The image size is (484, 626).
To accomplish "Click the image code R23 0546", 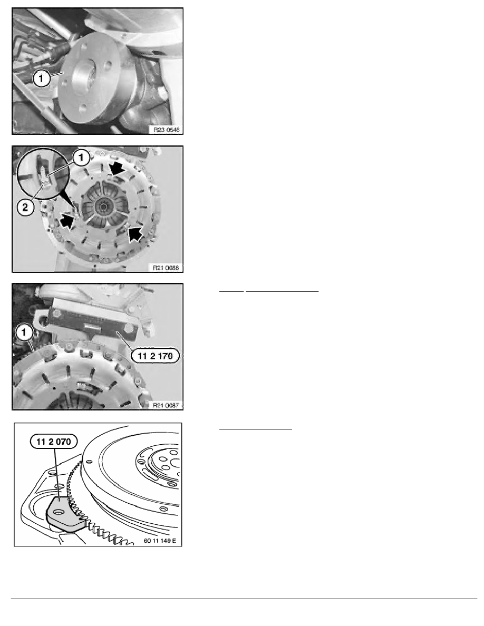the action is (x=167, y=130).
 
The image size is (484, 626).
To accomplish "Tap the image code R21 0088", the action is (x=166, y=268).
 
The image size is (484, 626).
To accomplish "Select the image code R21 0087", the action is (x=166, y=405).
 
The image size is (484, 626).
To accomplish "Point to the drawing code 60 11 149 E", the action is (x=160, y=541).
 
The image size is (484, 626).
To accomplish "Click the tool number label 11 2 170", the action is (x=156, y=356).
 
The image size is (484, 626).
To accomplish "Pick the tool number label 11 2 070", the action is (x=53, y=442).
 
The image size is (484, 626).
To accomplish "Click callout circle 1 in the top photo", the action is (x=41, y=78).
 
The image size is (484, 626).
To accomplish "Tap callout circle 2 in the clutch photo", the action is (x=25, y=208).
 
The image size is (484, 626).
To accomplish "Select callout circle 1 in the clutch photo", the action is (x=81, y=158).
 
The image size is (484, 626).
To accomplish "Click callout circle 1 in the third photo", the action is (x=24, y=332).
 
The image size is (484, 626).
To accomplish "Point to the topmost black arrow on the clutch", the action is (x=118, y=170).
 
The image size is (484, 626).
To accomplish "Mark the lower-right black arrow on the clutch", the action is (x=135, y=233).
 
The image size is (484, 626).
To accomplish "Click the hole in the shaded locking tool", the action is (x=59, y=512).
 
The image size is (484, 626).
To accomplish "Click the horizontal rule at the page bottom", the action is (x=244, y=599).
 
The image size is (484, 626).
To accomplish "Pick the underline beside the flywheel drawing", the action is (x=256, y=429).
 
